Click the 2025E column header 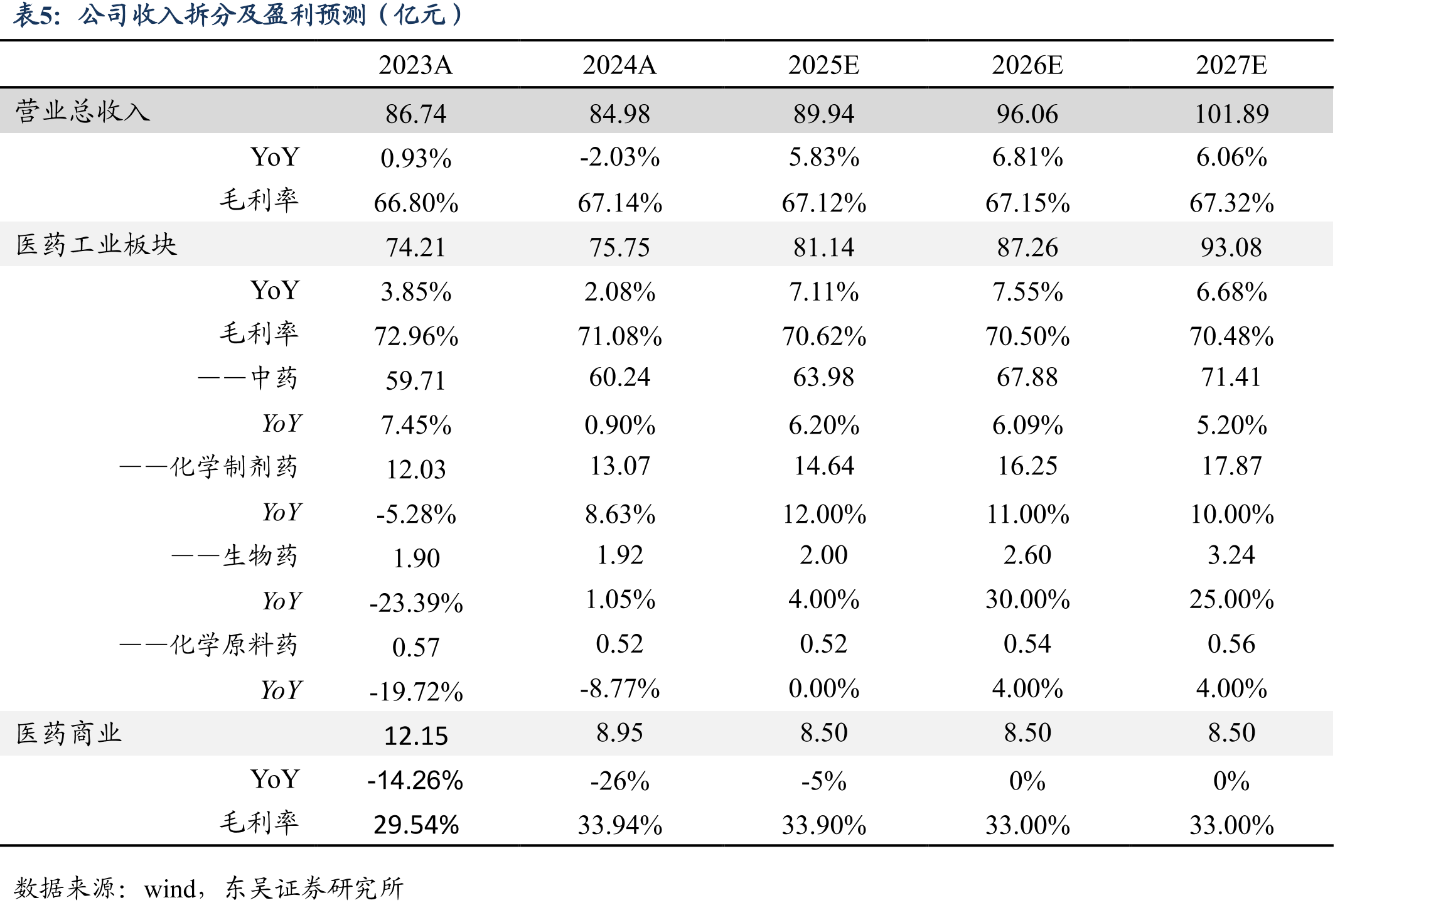click(x=823, y=65)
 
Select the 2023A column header click(x=415, y=65)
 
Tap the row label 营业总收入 click(x=83, y=111)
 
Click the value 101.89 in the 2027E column click(x=1231, y=114)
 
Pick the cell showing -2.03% click(x=619, y=157)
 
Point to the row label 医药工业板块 click(x=97, y=245)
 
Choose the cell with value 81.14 click(x=823, y=247)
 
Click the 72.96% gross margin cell click(x=416, y=336)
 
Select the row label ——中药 click(x=248, y=378)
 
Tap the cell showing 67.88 click(x=1027, y=377)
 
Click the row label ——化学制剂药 click(x=209, y=467)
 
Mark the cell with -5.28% click(x=416, y=515)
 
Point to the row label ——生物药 click(x=235, y=556)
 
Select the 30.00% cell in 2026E click(x=1027, y=599)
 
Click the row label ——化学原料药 click(x=209, y=645)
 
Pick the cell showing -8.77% click(x=619, y=689)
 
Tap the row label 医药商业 click(x=69, y=733)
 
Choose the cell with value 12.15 click(x=416, y=736)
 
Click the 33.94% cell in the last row click(x=619, y=825)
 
